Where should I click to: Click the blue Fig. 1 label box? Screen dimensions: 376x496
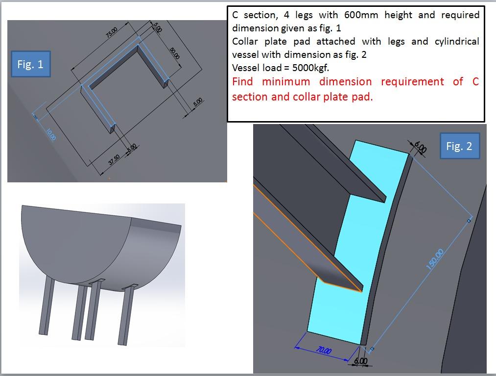point(30,64)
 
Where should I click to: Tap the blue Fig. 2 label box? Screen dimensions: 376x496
point(459,146)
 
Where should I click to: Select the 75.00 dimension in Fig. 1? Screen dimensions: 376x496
point(111,32)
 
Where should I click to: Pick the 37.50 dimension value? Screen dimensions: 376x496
point(114,160)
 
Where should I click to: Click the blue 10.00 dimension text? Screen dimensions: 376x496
point(51,134)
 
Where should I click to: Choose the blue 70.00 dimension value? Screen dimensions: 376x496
point(323,351)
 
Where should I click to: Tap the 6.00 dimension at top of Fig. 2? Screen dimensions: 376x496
point(420,147)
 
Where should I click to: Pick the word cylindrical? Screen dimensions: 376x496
point(457,42)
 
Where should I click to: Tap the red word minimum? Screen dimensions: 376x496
point(285,82)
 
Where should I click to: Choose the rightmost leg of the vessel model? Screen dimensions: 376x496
point(127,315)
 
